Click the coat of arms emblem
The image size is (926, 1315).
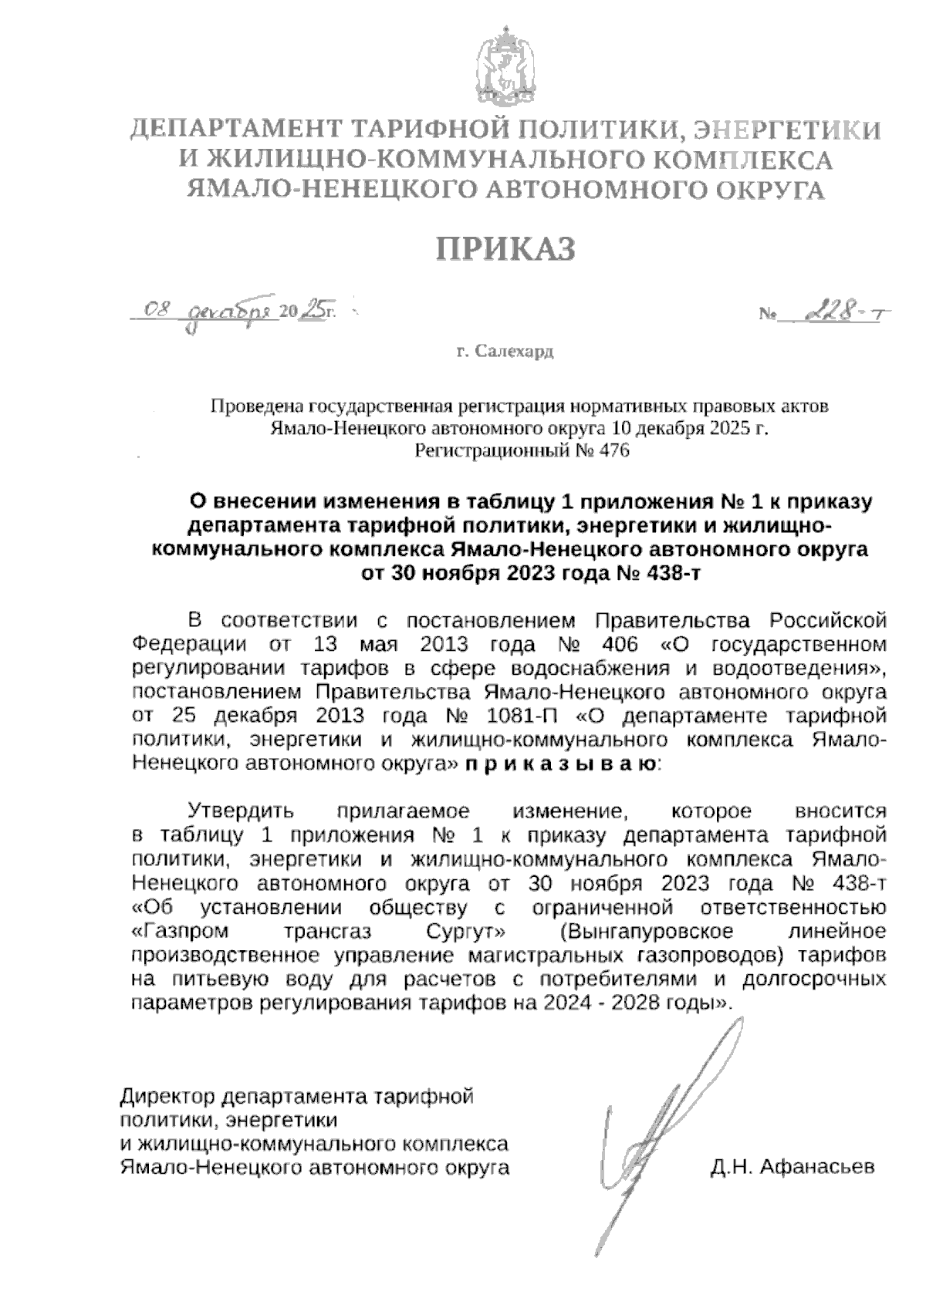[x=505, y=70]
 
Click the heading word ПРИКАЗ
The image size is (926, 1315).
[x=507, y=249]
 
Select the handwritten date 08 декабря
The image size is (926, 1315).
[x=212, y=311]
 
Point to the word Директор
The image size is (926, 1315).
[x=167, y=1095]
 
